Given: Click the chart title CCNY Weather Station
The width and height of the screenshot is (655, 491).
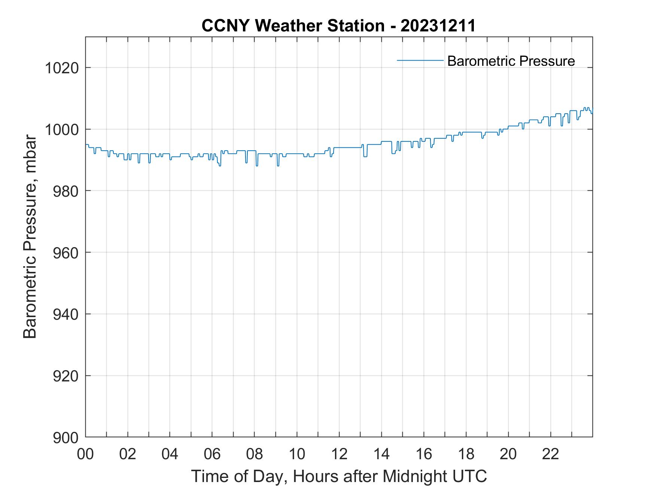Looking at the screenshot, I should [x=293, y=26].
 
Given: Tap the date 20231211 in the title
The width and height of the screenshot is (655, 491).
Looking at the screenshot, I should [x=438, y=26].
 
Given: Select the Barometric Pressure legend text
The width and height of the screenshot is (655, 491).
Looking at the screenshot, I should [x=511, y=61].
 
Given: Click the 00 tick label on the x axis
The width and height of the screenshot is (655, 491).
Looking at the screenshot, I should [x=86, y=454].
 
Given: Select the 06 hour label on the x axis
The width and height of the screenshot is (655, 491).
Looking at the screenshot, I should [x=212, y=454].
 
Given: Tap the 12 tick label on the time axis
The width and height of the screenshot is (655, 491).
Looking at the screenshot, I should [x=339, y=454].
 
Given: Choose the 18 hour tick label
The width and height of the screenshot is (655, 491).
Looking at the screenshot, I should [x=466, y=454].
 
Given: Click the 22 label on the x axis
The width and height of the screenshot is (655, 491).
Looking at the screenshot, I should [x=551, y=454].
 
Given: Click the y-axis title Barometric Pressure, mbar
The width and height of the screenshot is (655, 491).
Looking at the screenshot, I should [x=30, y=237].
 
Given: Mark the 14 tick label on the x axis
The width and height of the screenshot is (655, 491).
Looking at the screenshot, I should [x=381, y=454].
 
